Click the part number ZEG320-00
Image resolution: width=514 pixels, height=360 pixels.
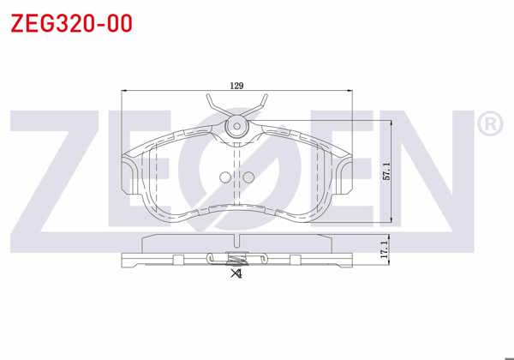[x=71, y=23]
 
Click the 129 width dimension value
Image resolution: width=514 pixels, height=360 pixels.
[x=237, y=85]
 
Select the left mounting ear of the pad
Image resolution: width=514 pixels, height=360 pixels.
[x=129, y=176]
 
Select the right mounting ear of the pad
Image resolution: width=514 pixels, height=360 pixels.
[x=345, y=176]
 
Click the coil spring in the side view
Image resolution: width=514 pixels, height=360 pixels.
[x=237, y=257]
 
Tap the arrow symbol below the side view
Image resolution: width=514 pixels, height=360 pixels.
[x=236, y=274]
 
